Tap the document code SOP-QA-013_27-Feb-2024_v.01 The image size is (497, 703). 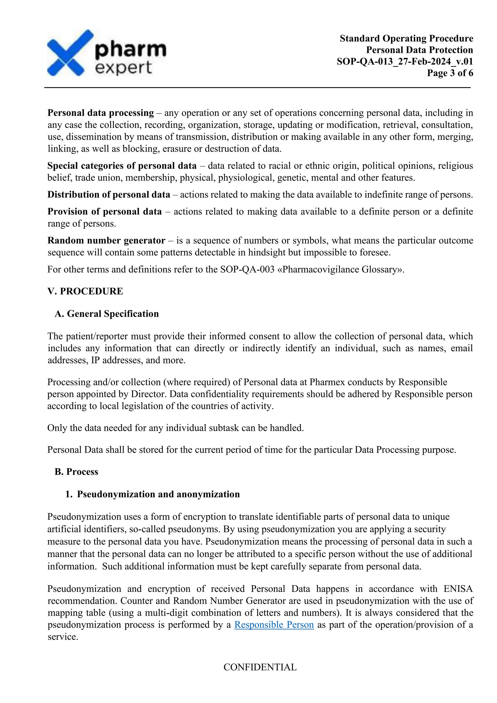coord(405,62)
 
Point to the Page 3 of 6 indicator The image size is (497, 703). coord(450,73)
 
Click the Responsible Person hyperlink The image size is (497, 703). coord(274,625)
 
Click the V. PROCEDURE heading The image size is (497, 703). coord(85,291)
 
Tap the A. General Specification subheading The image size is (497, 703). coord(107,314)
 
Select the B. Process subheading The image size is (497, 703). coord(76,472)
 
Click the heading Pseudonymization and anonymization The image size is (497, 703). coord(158,494)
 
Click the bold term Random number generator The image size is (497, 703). coord(106,241)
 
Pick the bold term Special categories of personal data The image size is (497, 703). coord(122,166)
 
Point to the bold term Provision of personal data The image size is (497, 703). coord(104,212)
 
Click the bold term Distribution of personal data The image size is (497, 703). coord(109,195)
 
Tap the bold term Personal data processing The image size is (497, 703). coord(100,113)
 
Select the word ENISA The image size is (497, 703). coord(458,589)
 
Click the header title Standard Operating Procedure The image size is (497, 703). coord(406,39)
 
